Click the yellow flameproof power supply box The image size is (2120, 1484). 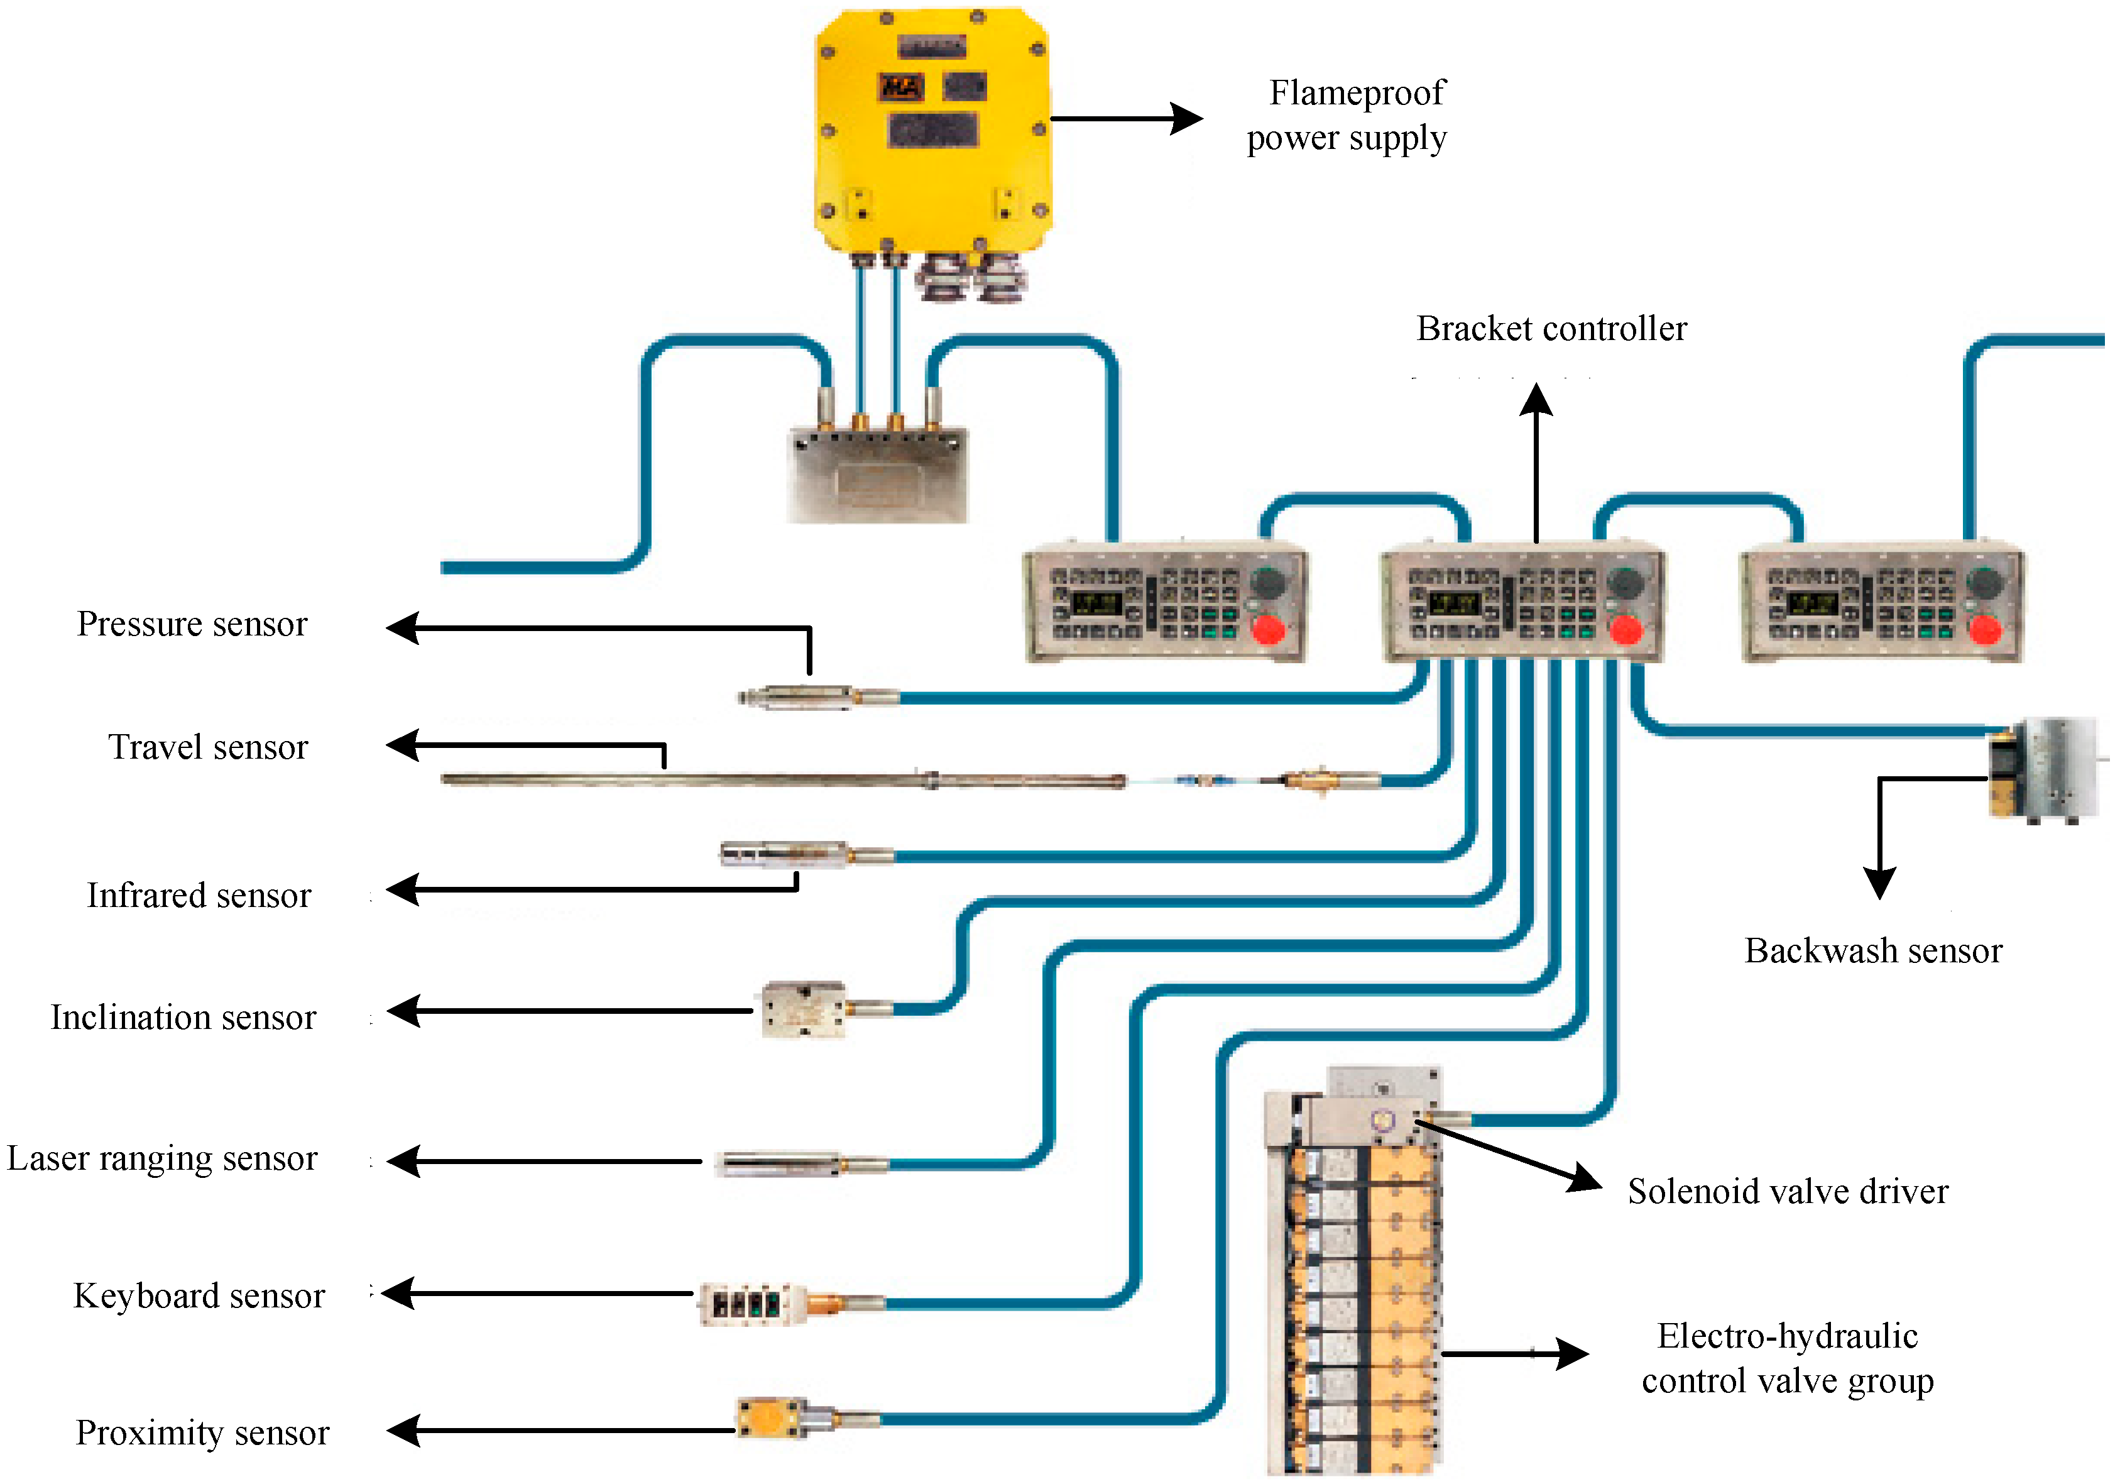tap(932, 129)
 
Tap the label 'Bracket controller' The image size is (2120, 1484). tap(1551, 329)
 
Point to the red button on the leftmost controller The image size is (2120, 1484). tap(1268, 630)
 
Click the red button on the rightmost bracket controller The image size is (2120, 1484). tap(1984, 630)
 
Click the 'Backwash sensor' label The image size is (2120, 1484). tap(1872, 951)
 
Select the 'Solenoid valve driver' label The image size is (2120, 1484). tap(1787, 1191)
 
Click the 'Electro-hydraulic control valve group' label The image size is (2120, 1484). tap(1787, 1358)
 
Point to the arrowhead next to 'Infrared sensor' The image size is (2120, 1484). tap(403, 890)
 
